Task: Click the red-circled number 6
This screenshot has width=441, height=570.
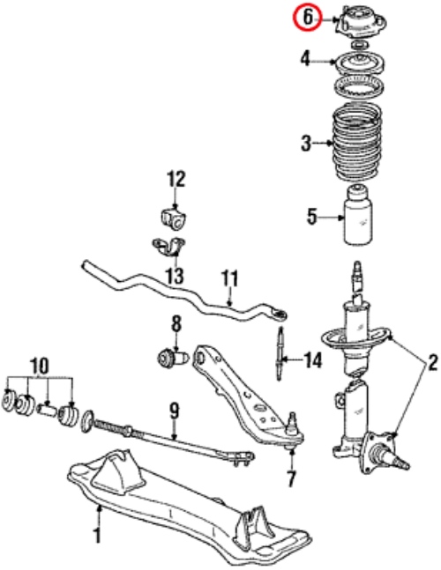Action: tap(308, 18)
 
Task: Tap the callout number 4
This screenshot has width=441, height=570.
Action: tap(306, 60)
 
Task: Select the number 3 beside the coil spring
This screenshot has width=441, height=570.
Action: tap(306, 144)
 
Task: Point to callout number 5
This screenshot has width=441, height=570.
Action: tap(312, 218)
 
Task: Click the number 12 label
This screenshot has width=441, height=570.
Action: tap(176, 180)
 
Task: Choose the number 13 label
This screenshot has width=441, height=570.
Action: tap(176, 276)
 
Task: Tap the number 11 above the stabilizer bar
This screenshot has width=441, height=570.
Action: tap(230, 279)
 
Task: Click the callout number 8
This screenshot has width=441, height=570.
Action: tap(176, 324)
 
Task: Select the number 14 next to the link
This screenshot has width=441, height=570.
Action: tap(313, 360)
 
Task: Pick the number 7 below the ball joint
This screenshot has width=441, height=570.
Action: tap(291, 478)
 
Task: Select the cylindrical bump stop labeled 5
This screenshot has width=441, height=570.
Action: tap(358, 214)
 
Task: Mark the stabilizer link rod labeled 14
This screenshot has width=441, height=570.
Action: tap(280, 354)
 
